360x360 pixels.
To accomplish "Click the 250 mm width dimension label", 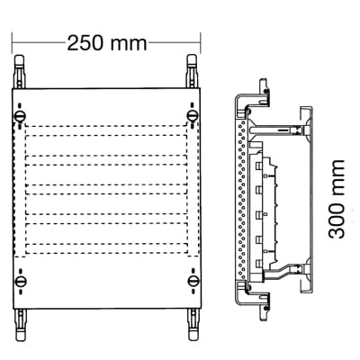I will click(x=103, y=41).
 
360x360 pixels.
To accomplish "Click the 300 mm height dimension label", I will click(x=337, y=199).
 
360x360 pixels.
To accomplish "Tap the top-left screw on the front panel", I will click(x=20, y=115).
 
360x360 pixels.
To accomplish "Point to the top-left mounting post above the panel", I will click(x=20, y=72).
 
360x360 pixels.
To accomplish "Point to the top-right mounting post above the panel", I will click(x=192, y=72).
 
